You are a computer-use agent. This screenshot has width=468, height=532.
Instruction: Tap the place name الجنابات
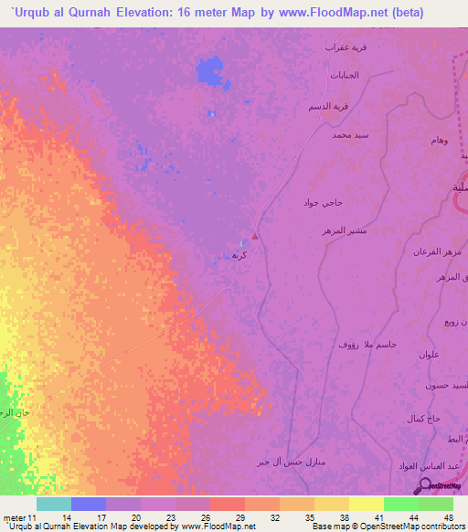click(x=346, y=74)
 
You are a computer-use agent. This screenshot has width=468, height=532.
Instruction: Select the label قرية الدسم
click(x=330, y=105)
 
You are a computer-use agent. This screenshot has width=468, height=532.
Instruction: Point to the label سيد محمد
click(x=350, y=135)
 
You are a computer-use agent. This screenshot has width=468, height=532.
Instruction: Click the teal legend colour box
click(x=54, y=504)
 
